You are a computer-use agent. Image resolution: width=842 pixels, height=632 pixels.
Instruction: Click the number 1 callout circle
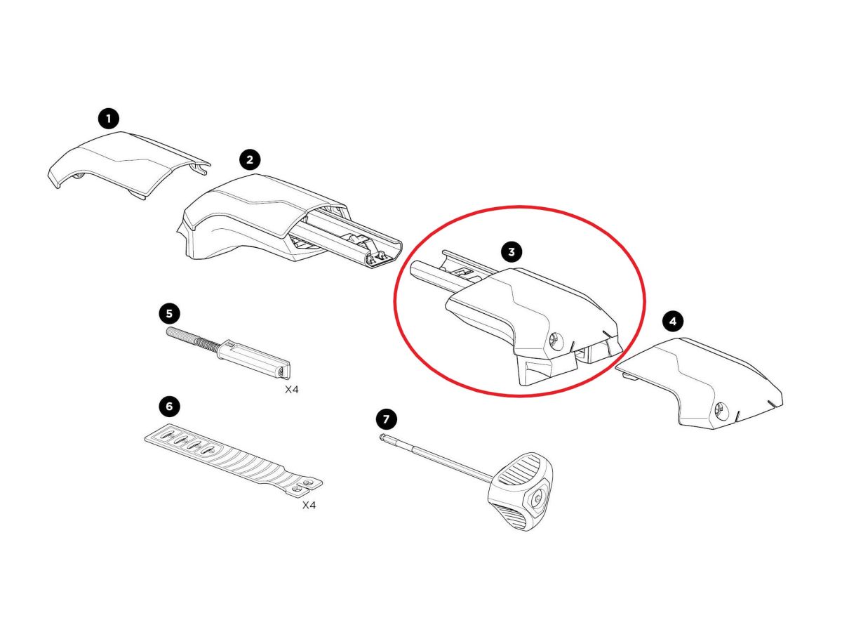[x=108, y=119]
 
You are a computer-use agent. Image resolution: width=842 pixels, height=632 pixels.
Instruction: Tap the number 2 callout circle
[x=250, y=159]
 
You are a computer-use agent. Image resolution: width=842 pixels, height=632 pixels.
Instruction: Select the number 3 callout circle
[x=512, y=251]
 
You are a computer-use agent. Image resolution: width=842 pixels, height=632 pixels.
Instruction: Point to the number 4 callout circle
[x=673, y=321]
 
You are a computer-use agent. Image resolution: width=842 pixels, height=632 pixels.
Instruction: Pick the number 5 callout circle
[x=169, y=313]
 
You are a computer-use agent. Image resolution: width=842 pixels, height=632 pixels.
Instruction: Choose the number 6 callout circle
[x=169, y=406]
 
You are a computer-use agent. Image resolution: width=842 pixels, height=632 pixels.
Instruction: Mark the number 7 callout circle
[x=387, y=419]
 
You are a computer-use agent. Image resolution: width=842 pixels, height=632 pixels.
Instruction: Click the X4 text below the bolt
[x=291, y=390]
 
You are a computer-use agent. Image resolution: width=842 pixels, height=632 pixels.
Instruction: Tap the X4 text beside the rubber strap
[x=309, y=505]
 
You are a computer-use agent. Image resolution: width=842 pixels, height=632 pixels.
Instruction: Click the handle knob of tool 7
[x=521, y=492]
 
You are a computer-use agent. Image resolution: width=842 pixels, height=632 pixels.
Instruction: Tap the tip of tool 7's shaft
[x=382, y=436]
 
